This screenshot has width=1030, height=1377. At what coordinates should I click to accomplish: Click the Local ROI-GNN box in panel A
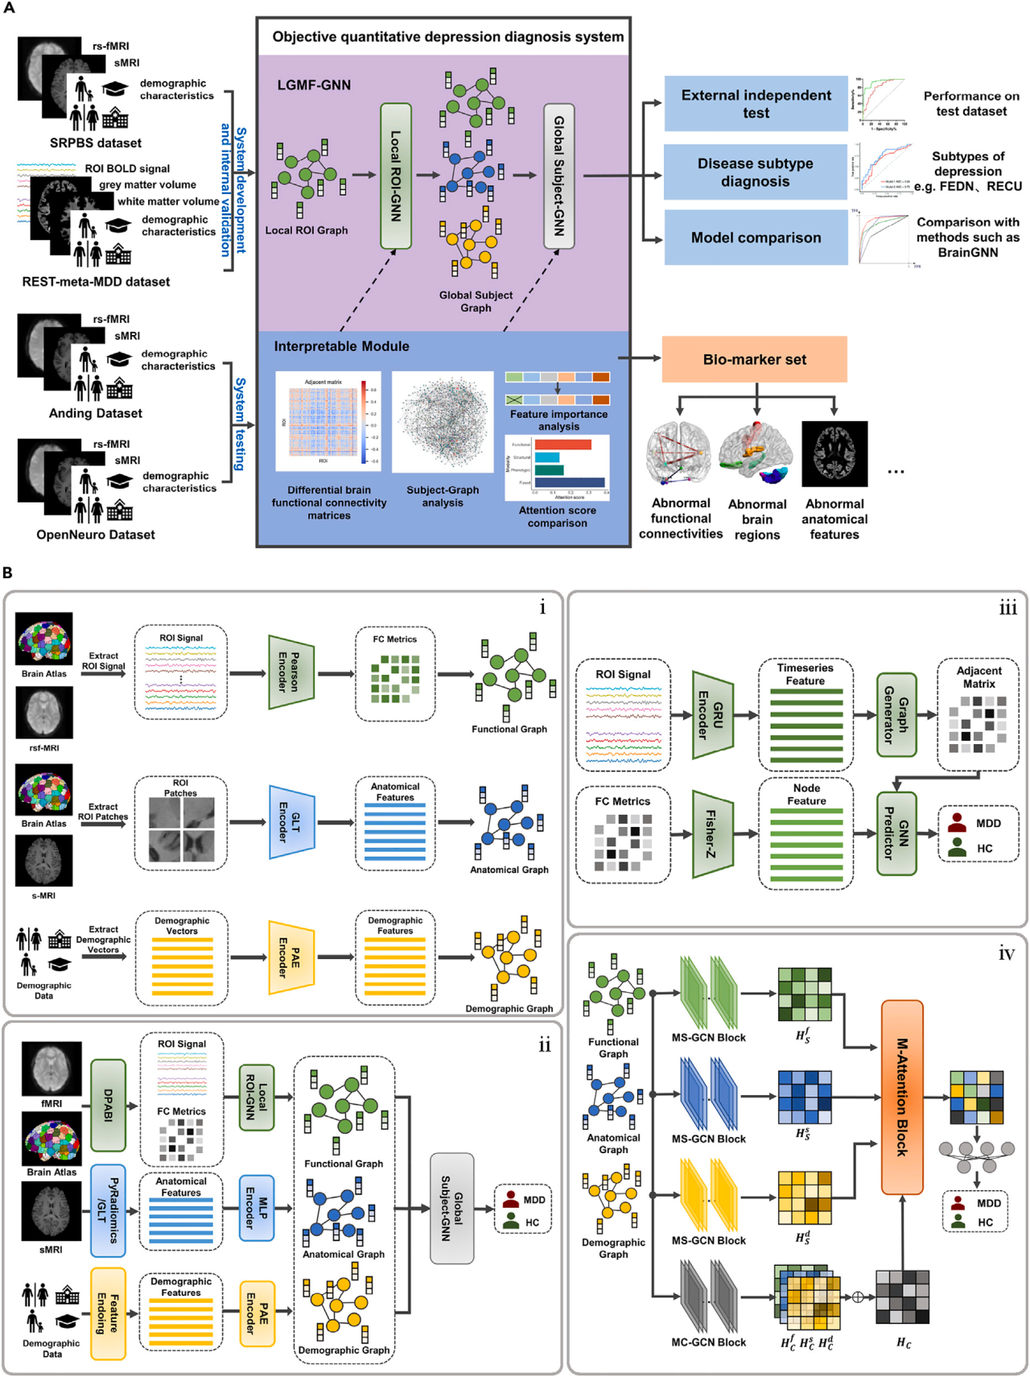click(x=395, y=176)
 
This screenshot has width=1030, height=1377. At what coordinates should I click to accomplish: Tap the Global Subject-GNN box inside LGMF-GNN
click(x=558, y=176)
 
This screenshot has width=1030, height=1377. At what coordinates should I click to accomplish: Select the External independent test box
click(x=756, y=104)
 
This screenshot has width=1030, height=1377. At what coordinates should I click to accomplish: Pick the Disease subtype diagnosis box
click(x=756, y=172)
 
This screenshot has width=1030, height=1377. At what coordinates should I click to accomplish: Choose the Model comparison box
click(x=756, y=238)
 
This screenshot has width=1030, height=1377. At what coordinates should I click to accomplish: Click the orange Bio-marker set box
click(x=754, y=359)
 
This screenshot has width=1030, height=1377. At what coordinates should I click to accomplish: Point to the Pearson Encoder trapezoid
click(x=290, y=672)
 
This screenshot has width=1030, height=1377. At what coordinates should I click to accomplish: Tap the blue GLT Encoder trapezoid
click(x=291, y=821)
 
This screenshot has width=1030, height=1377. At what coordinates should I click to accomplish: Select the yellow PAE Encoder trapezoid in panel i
click(x=290, y=957)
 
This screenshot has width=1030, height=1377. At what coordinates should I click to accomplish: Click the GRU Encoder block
click(x=712, y=714)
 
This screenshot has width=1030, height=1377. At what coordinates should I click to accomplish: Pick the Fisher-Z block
click(x=712, y=833)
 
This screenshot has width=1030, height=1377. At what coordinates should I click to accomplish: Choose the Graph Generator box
click(x=896, y=714)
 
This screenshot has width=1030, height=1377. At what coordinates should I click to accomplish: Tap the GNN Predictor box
click(x=896, y=833)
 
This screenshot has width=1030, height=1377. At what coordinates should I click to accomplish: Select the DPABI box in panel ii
click(x=108, y=1105)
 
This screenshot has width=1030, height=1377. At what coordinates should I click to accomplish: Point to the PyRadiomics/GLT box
click(x=108, y=1210)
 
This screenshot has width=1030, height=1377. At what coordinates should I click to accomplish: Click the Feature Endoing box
click(x=108, y=1313)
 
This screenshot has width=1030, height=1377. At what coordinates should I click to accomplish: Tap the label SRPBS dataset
click(x=95, y=143)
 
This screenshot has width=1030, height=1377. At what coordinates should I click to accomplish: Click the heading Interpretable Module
click(x=341, y=346)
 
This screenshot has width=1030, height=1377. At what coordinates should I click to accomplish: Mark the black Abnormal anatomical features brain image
click(x=834, y=453)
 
